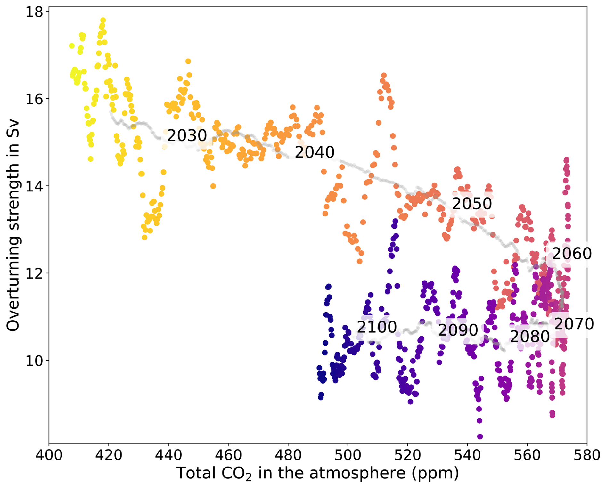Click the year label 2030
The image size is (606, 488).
[x=187, y=136]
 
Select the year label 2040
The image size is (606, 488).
[x=314, y=152]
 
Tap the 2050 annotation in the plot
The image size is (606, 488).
[x=471, y=204]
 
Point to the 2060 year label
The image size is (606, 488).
[x=571, y=254]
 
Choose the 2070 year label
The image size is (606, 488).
[x=574, y=324]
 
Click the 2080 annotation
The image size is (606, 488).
[x=529, y=337]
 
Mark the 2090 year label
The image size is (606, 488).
[x=458, y=330]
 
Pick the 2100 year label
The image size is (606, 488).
[x=377, y=327]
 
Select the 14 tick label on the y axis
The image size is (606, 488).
[x=34, y=187]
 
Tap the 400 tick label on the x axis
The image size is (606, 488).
[x=49, y=455]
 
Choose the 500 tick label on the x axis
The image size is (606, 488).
[x=348, y=455]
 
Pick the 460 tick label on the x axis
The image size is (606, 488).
[x=228, y=455]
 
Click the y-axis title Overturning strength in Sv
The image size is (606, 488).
[x=13, y=226]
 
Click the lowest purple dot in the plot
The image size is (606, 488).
[x=480, y=436]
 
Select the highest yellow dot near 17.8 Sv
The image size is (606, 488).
[x=103, y=20]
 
